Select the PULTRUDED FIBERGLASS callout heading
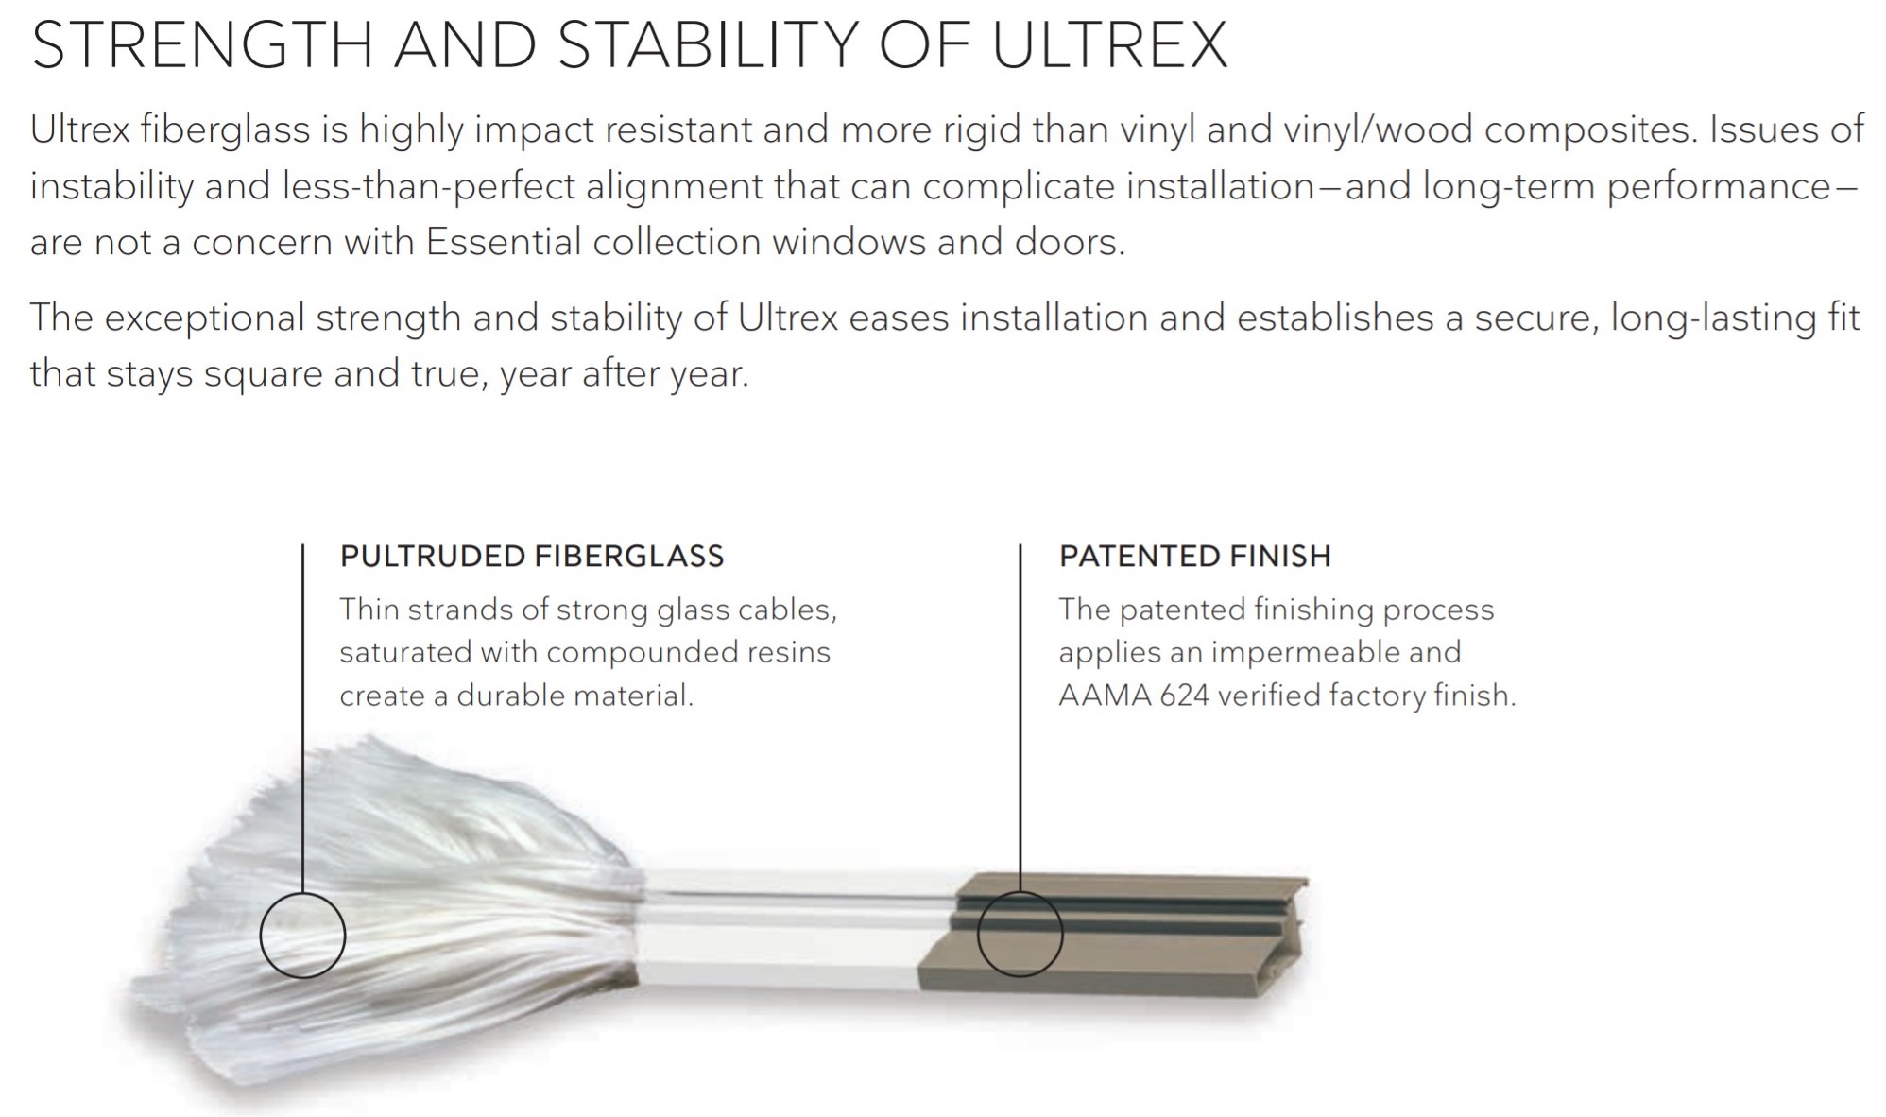532,556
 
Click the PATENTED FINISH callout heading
1194,556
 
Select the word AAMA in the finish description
1104,696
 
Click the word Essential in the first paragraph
504,242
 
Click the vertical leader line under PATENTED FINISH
1020,717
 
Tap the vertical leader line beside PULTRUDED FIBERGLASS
302,718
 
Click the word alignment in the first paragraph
674,186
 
